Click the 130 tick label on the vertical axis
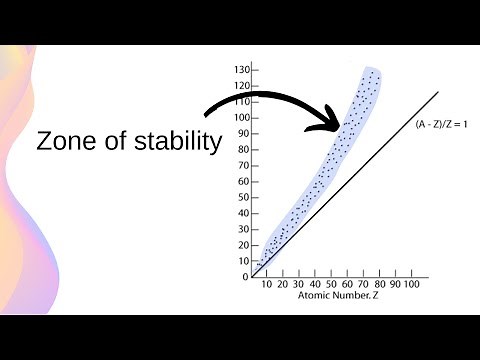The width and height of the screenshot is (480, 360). (x=241, y=70)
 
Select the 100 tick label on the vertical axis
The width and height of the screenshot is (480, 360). (x=241, y=118)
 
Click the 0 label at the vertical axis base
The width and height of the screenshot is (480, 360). (x=245, y=277)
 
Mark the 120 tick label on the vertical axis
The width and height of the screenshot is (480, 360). (x=241, y=86)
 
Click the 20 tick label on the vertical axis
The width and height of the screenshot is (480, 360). (x=243, y=245)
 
